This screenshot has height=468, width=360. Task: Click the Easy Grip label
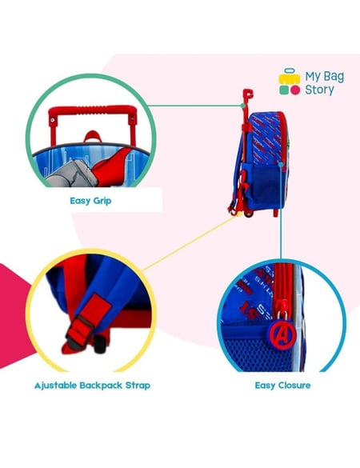pyautogui.click(x=90, y=201)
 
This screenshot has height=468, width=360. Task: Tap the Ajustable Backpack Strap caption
pyautogui.click(x=92, y=386)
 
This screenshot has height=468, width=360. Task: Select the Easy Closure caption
pyautogui.click(x=282, y=386)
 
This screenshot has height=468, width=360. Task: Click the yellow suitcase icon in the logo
pyautogui.click(x=290, y=77)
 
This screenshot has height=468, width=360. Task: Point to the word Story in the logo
pyautogui.click(x=319, y=90)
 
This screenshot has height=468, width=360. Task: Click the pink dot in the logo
pyautogui.click(x=295, y=90)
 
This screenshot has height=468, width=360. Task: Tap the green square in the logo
pyautogui.click(x=284, y=90)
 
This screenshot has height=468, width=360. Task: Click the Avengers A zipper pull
pyautogui.click(x=282, y=334)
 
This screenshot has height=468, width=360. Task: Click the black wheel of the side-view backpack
pyautogui.click(x=249, y=214)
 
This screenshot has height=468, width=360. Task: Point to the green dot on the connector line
pyautogui.click(x=243, y=106)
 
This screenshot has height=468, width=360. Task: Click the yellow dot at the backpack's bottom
pyautogui.click(x=239, y=214)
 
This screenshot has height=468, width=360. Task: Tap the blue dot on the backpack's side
pyautogui.click(x=281, y=164)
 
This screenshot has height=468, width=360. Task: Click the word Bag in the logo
pyautogui.click(x=334, y=78)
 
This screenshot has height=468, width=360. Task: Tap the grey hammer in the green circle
pyautogui.click(x=72, y=174)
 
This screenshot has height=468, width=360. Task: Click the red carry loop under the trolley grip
pyautogui.click(x=93, y=137)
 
